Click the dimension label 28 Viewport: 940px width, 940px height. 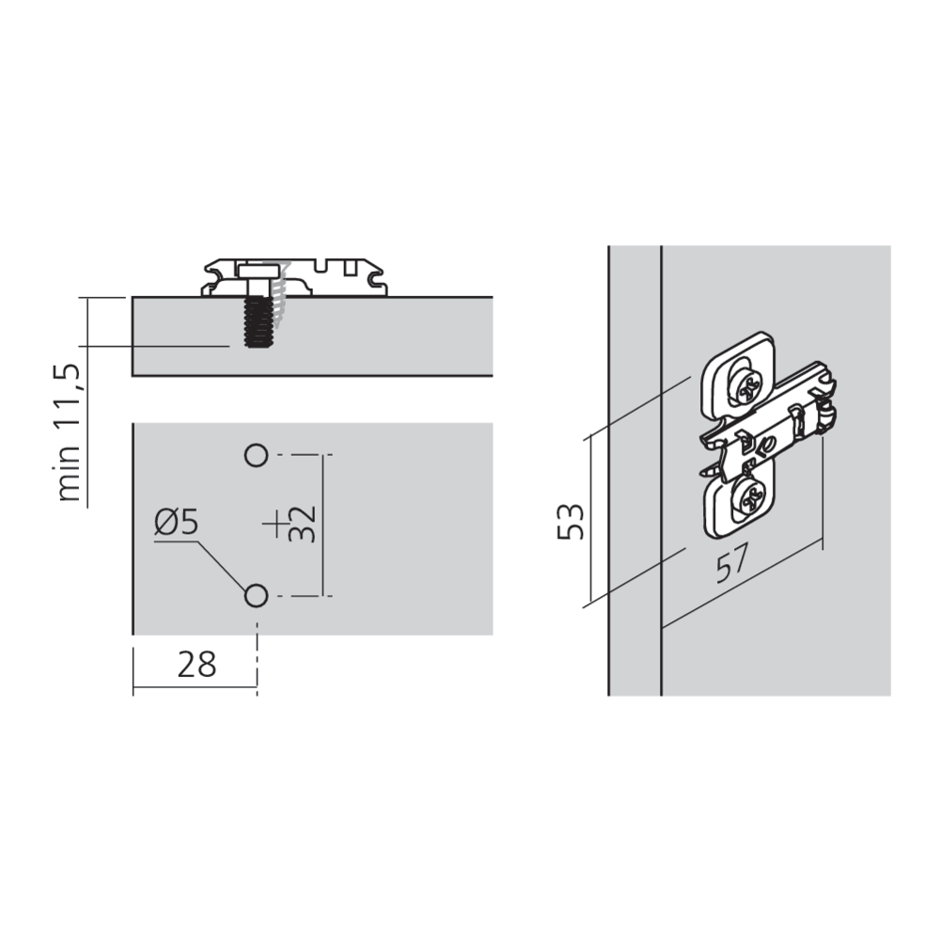click(196, 665)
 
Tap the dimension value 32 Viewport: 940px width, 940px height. click(302, 524)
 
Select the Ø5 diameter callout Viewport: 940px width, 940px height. click(177, 522)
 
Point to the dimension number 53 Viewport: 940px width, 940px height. click(571, 522)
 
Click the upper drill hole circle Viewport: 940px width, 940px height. click(256, 455)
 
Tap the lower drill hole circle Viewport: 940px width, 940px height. click(256, 596)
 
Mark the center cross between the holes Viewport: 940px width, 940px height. click(275, 525)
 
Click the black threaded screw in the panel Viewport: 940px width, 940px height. click(257, 321)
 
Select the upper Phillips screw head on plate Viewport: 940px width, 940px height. click(746, 391)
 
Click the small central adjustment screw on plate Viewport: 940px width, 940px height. click(768, 445)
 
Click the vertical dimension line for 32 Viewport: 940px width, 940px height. click(323, 525)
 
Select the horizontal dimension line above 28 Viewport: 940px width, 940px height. click(195, 686)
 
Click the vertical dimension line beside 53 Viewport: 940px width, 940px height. click(590, 519)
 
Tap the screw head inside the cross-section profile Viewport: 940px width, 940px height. click(258, 272)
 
